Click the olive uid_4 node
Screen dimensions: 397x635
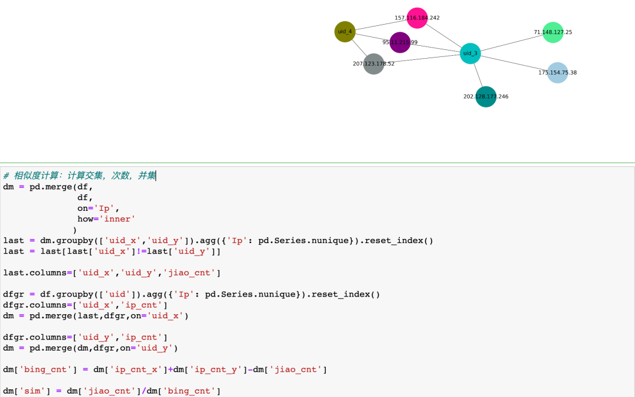tap(345, 32)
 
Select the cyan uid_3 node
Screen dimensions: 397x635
tap(470, 53)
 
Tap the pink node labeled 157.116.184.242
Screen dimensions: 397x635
tap(417, 18)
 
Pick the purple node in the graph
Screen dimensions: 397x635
tap(400, 42)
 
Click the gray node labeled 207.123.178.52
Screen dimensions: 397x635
tap(374, 63)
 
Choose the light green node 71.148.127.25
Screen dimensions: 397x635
tap(553, 32)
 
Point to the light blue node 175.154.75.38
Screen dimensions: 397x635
tap(557, 73)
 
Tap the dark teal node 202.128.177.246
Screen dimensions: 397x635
tap(486, 97)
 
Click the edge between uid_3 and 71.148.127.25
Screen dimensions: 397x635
tap(512, 43)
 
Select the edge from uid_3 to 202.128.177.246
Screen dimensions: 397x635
tap(478, 75)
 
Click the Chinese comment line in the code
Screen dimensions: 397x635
tap(79, 176)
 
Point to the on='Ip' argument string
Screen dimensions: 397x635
tap(107, 208)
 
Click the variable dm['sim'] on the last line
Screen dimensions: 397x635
tap(24, 391)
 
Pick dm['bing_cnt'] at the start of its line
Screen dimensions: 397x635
tap(35, 369)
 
